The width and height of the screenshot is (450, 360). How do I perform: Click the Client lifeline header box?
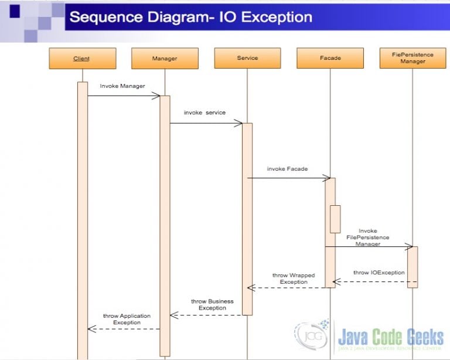[82, 58]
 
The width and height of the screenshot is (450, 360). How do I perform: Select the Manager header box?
[165, 58]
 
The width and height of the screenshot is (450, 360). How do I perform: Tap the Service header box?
[247, 58]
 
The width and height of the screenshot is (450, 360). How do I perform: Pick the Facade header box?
[330, 58]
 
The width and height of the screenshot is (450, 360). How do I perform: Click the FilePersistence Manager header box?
[412, 58]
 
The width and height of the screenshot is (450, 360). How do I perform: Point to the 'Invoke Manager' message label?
[122, 86]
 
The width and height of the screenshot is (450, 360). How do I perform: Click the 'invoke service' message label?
[204, 112]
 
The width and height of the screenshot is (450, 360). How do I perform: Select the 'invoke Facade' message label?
[287, 169]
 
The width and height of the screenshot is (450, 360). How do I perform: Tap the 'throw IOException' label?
[379, 273]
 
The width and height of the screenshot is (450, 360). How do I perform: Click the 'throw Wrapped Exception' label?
[294, 279]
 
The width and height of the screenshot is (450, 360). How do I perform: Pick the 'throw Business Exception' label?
[212, 305]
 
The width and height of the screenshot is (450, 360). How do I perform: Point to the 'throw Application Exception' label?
[127, 319]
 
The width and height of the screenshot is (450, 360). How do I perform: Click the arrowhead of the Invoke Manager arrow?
[156, 96]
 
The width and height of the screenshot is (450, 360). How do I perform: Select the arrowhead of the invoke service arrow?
[239, 123]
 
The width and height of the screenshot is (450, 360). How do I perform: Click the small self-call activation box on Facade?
[335, 219]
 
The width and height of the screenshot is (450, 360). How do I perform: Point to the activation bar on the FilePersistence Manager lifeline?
[412, 267]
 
